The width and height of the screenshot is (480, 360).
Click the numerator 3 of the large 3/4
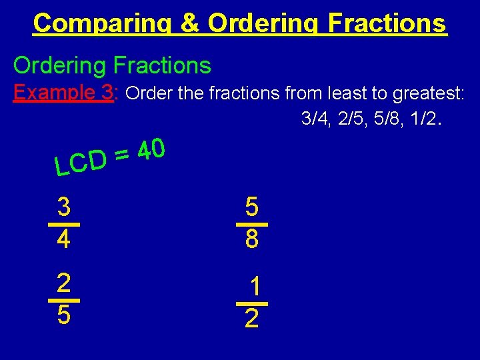pos(64,207)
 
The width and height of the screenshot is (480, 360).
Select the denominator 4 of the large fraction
pos(64,239)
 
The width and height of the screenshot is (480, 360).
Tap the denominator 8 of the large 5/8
pos(251,239)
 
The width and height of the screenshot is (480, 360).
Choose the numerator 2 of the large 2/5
pos(64,283)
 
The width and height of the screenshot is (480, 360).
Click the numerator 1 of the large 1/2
pos(254,287)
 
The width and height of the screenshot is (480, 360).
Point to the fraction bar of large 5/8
pos(251,224)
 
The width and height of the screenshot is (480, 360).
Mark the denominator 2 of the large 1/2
pos(251,319)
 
